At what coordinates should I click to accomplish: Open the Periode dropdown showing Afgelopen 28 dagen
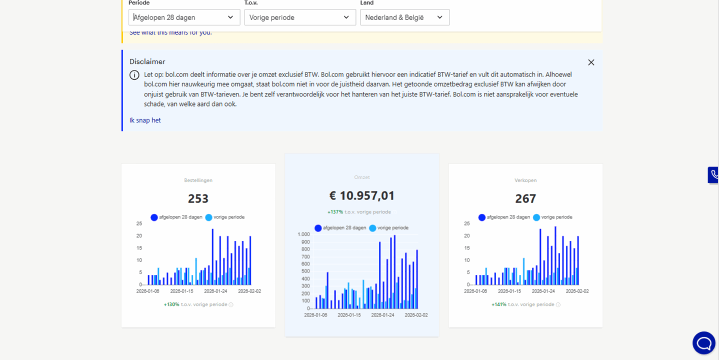point(183,17)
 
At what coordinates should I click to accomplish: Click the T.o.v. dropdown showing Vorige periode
point(299,17)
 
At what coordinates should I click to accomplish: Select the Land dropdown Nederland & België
point(404,17)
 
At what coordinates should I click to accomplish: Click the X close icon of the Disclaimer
point(591,62)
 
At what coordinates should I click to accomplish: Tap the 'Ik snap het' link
point(145,120)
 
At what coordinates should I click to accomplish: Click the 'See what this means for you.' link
point(170,33)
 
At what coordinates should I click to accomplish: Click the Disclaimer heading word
point(147,62)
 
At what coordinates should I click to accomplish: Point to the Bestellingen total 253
point(198,198)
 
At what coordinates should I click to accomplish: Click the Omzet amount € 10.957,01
point(361,195)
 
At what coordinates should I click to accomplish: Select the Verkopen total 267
point(525,198)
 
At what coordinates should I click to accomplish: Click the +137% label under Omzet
point(335,212)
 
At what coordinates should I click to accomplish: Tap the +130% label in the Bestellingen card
point(171,304)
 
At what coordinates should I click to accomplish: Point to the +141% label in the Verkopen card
point(499,304)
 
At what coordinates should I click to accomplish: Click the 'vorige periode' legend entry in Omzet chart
point(389,228)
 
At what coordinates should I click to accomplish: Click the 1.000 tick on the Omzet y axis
point(304,234)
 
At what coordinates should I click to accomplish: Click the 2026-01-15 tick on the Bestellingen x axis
point(181,291)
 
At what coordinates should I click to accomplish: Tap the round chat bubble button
point(704,343)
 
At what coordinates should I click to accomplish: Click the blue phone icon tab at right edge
point(713,175)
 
